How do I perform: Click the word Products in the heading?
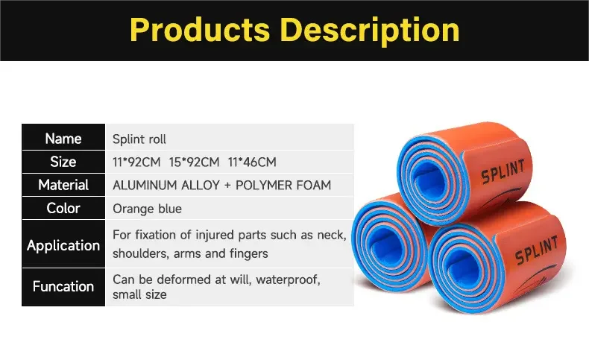click(x=201, y=30)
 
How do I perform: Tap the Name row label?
click(x=63, y=139)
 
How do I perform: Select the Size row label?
click(x=63, y=162)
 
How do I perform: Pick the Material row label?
click(x=63, y=185)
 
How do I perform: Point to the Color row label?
click(x=63, y=208)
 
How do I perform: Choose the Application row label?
click(x=63, y=245)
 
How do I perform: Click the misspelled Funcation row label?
click(x=63, y=286)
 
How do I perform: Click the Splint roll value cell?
click(x=139, y=139)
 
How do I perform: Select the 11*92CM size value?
click(x=135, y=162)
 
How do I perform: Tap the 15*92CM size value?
click(x=195, y=162)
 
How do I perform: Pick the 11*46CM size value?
click(x=253, y=162)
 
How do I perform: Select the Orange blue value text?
click(x=147, y=209)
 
